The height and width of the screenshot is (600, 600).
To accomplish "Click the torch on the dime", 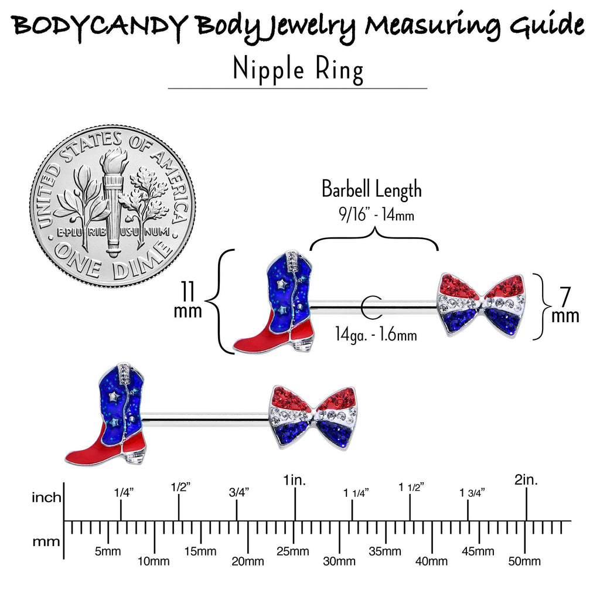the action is pos(113,203).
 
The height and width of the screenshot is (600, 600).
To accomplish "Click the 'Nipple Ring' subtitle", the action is pos(298,70).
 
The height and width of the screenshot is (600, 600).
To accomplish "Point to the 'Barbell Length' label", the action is pos(371,189).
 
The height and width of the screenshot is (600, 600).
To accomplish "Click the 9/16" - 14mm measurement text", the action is pos(377,214).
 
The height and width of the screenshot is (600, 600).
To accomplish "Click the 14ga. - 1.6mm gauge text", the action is pos(376,334).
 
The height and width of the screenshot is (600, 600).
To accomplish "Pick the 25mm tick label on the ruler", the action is pos(293,551).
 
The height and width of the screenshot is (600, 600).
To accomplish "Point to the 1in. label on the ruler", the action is pos(294,480).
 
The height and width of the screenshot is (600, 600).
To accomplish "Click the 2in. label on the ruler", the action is pos(526,480).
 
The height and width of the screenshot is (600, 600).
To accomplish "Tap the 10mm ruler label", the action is pos(154,561).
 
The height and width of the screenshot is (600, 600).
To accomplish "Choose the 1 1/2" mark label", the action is pos(411,487).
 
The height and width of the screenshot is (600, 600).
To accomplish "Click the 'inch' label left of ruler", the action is pos(46,497).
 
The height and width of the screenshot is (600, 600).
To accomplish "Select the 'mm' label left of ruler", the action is pos(46,542).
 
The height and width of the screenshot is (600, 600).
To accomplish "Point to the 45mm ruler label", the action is pos(478,551).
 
